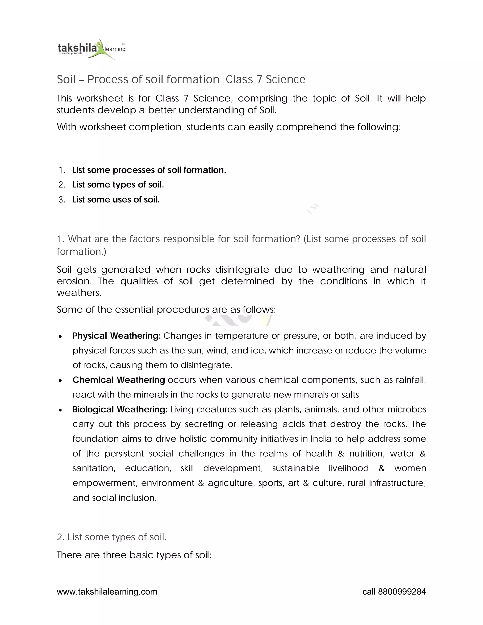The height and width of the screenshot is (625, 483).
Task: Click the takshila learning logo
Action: pyautogui.click(x=91, y=49)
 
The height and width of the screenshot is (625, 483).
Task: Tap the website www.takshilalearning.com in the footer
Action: pyautogui.click(x=107, y=592)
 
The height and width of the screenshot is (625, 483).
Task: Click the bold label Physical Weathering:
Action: pyautogui.click(x=117, y=336)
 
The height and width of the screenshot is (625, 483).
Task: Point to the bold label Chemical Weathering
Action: pyautogui.click(x=118, y=380)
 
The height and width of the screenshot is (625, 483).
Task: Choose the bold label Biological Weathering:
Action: pyautogui.click(x=120, y=409)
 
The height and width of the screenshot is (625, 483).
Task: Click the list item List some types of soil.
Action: pyautogui.click(x=118, y=185)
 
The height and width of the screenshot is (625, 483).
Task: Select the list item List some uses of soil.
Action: pyautogui.click(x=116, y=200)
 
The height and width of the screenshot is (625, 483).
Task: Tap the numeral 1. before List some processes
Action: pyautogui.click(x=62, y=170)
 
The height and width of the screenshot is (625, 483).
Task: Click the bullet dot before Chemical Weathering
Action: pyautogui.click(x=60, y=381)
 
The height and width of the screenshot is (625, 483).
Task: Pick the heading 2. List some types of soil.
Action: pyautogui.click(x=112, y=537)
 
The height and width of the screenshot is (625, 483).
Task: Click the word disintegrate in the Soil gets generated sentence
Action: pyautogui.click(x=242, y=270)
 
